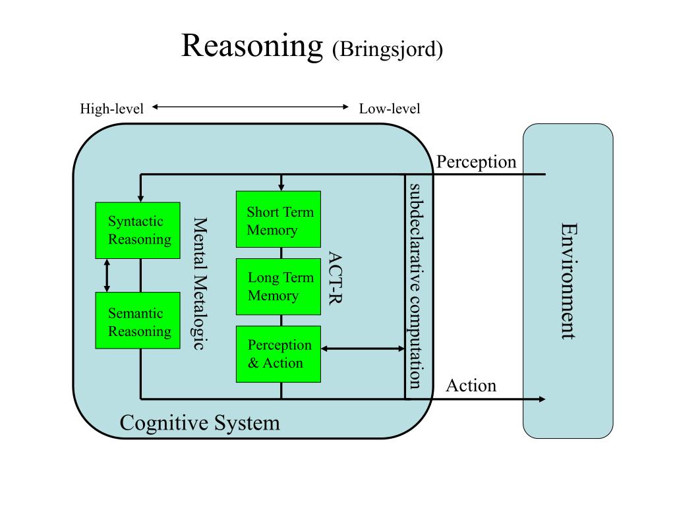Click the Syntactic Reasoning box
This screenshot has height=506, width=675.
point(138,230)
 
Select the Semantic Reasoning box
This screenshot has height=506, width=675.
point(138,320)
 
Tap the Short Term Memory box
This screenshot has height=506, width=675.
point(279,219)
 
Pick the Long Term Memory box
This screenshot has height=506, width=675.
point(279,287)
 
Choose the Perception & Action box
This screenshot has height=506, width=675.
point(279,354)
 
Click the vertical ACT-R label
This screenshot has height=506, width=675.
point(335,278)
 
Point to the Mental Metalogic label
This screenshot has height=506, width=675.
point(199,283)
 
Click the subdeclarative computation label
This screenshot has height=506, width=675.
point(415,286)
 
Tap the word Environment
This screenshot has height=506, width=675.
point(568,281)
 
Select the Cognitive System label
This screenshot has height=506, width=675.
point(200,422)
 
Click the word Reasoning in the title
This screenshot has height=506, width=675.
point(252,47)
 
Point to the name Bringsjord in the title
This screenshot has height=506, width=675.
point(388,49)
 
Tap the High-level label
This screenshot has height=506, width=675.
point(112,109)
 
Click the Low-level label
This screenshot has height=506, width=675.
point(390,109)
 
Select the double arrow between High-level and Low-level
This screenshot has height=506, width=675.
point(250,107)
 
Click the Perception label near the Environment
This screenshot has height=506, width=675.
point(476,162)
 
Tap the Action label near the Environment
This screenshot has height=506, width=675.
point(471,385)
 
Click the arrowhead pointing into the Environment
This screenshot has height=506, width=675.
point(542,399)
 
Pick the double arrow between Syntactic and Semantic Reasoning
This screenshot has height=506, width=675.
point(107,275)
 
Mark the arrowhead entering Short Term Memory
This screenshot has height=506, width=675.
point(281,187)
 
